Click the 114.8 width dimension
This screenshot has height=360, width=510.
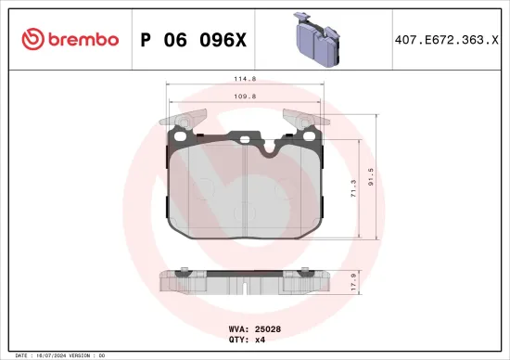click(245, 80)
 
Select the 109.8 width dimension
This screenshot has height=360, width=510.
click(245, 96)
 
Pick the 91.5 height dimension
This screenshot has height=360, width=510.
click(372, 174)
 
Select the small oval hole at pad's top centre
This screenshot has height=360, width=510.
click(245, 140)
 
